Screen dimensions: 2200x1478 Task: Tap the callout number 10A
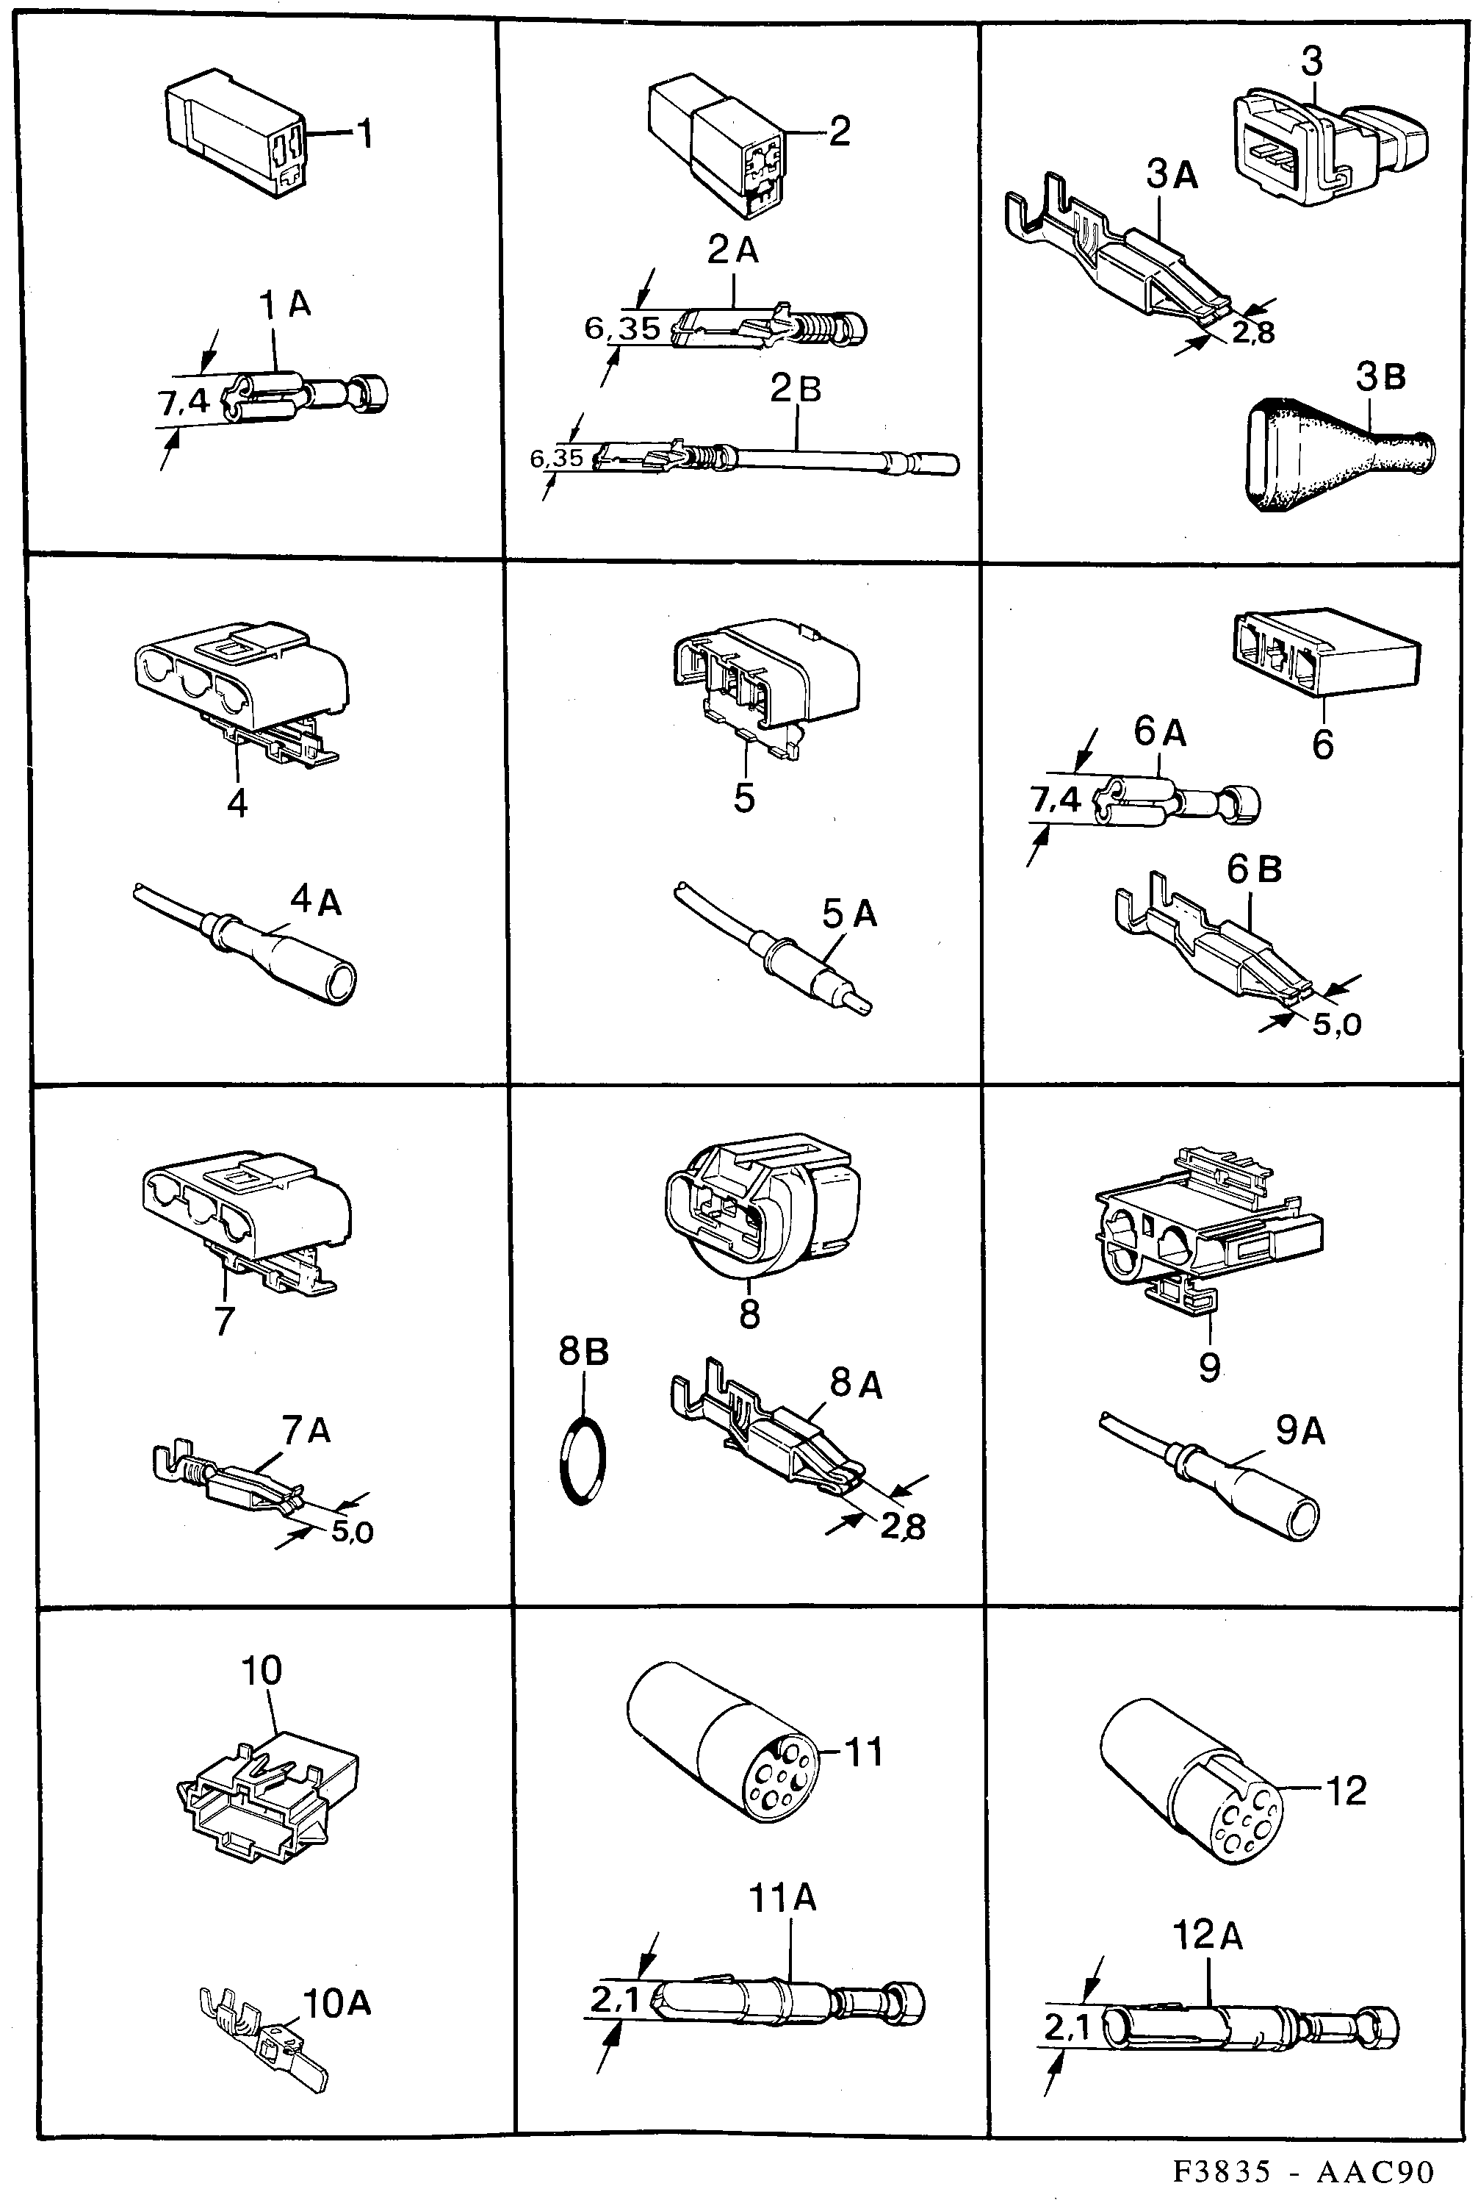point(336,2003)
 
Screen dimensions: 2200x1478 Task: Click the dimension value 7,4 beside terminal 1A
point(183,403)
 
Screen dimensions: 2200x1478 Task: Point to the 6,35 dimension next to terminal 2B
point(556,458)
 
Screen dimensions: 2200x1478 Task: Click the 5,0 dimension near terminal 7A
point(353,1533)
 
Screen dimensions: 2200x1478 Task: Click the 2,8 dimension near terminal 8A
point(902,1526)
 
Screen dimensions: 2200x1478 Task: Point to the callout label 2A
point(732,250)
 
